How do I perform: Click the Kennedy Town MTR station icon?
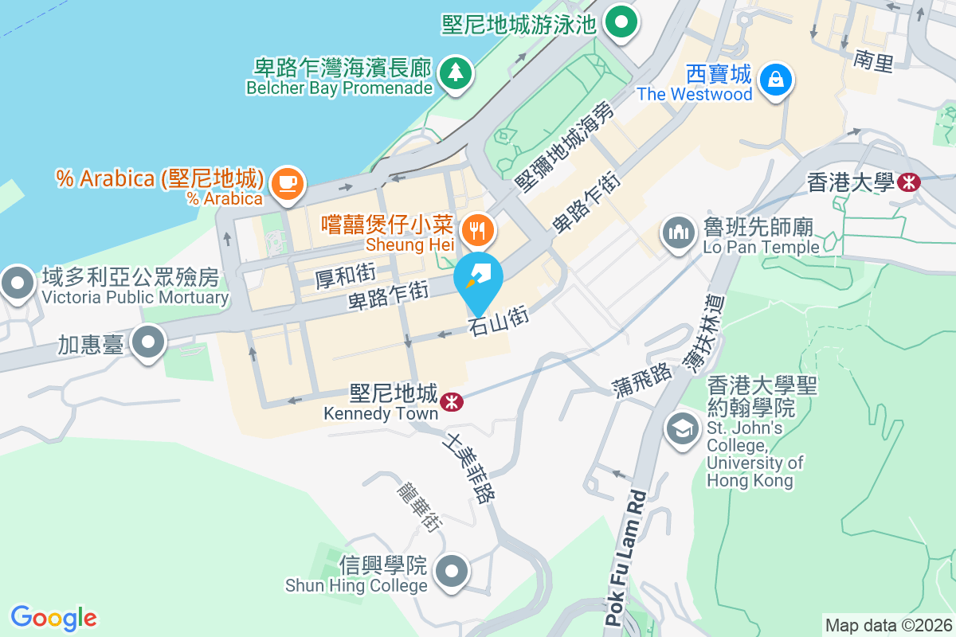pyautogui.click(x=450, y=402)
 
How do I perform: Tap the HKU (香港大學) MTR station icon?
pyautogui.click(x=907, y=182)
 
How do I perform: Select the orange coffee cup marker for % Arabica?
pyautogui.click(x=288, y=182)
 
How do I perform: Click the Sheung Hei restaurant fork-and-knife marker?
pyautogui.click(x=478, y=230)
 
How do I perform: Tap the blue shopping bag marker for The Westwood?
pyautogui.click(x=774, y=80)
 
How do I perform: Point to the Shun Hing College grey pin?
pyautogui.click(x=453, y=570)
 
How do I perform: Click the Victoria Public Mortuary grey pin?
pyautogui.click(x=17, y=283)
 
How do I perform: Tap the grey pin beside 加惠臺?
pyautogui.click(x=147, y=343)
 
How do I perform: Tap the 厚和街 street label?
pyautogui.click(x=344, y=276)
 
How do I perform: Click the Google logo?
pyautogui.click(x=53, y=618)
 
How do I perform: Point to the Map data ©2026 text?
pyautogui.click(x=888, y=625)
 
